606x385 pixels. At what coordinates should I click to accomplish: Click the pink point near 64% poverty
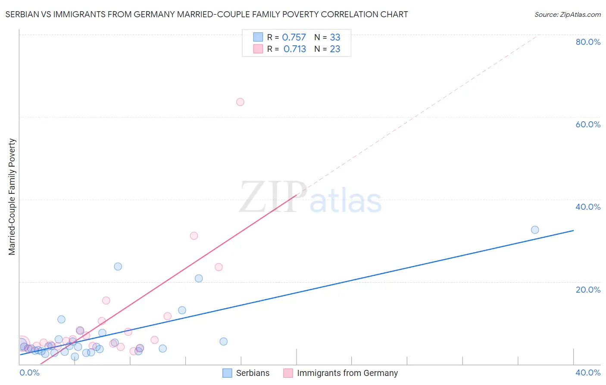(240, 102)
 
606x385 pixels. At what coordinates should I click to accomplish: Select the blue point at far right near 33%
(535, 230)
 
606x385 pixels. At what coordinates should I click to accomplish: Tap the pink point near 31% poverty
(194, 236)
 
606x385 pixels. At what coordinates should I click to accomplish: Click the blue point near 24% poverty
(118, 266)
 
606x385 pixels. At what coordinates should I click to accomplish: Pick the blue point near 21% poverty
(199, 278)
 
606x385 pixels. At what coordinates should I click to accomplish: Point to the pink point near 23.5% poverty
(219, 267)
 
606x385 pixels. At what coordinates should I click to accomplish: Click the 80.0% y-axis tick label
(588, 42)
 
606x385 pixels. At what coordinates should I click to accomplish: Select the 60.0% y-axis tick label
(588, 124)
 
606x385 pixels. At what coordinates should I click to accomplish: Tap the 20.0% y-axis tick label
(588, 290)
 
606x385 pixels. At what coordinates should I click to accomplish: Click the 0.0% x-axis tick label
(29, 372)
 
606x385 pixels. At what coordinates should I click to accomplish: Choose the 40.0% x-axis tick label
(588, 372)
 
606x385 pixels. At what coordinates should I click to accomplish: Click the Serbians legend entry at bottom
(253, 373)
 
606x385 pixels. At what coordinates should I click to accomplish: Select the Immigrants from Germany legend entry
(347, 373)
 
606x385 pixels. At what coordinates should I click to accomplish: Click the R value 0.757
(294, 38)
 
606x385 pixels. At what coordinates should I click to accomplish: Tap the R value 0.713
(295, 49)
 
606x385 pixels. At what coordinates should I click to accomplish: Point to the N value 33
(335, 38)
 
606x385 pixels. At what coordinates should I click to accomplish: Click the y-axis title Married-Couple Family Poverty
(12, 197)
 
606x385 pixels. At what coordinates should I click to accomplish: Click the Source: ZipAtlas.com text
(568, 15)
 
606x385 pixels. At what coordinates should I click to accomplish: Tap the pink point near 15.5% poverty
(106, 300)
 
